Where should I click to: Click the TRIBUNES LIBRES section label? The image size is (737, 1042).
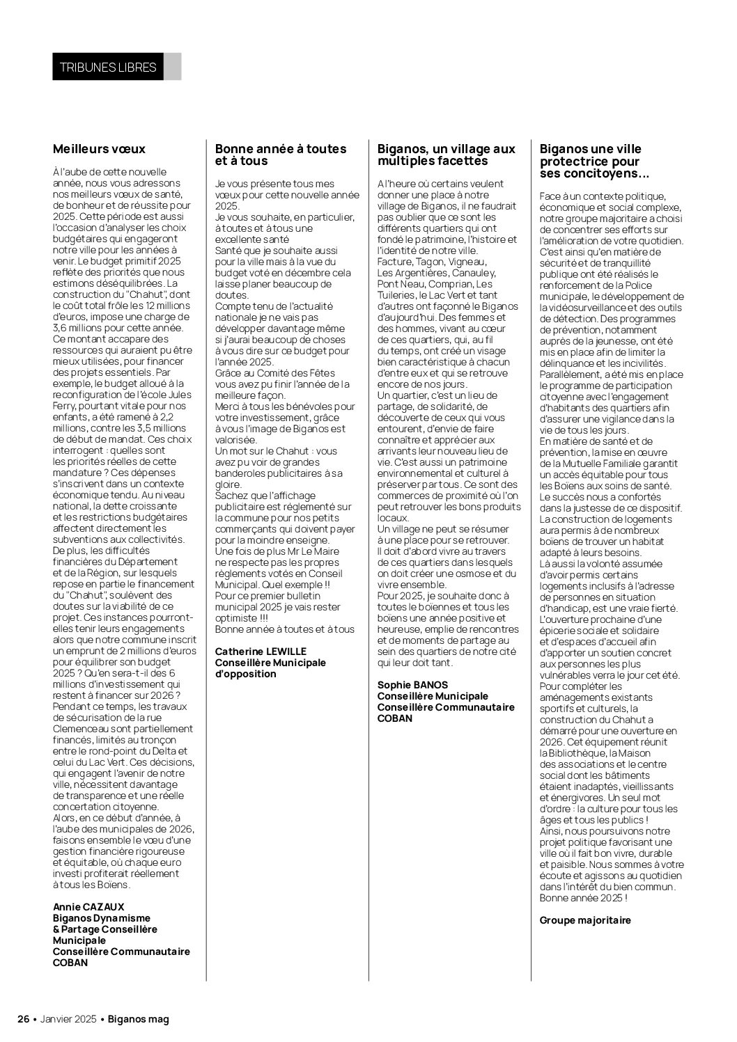point(107,68)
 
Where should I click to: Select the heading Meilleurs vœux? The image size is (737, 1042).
point(99,149)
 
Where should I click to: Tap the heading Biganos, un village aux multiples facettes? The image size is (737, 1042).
point(446,155)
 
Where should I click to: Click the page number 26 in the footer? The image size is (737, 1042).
point(23,1019)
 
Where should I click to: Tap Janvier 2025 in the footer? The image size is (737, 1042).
point(68,1019)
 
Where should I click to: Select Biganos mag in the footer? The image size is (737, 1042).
point(139,1019)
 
